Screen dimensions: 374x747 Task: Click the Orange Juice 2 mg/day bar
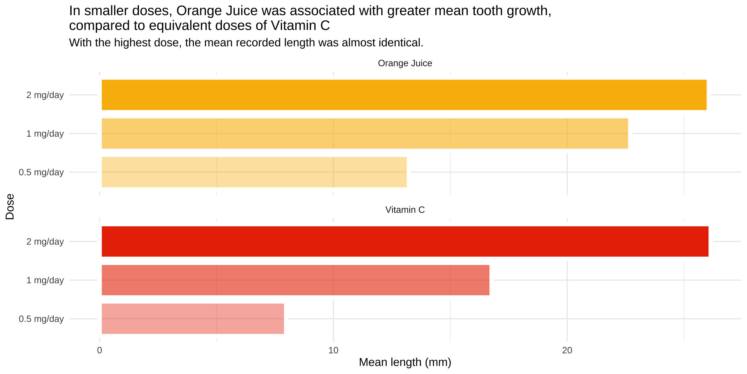point(404,95)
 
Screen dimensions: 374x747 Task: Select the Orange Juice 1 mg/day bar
point(365,133)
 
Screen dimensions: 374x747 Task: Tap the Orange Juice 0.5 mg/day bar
point(254,172)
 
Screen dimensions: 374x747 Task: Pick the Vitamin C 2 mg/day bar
point(405,241)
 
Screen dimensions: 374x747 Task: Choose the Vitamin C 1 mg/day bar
point(295,280)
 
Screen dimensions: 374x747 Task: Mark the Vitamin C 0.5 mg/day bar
point(193,318)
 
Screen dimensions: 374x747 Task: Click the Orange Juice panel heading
point(405,63)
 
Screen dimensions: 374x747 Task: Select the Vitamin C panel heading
point(405,210)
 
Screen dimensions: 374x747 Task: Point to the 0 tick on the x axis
point(100,351)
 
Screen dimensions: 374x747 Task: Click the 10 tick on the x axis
point(333,351)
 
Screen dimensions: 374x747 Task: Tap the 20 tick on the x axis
point(567,351)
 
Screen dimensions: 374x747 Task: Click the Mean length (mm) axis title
point(405,362)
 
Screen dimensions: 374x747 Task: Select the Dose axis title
point(10,206)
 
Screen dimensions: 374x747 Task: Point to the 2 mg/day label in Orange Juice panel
point(45,95)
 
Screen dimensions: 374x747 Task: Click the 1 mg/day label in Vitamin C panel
point(45,280)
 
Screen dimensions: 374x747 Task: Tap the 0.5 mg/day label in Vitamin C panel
point(41,319)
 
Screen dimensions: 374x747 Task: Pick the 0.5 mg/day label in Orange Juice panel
point(41,172)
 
